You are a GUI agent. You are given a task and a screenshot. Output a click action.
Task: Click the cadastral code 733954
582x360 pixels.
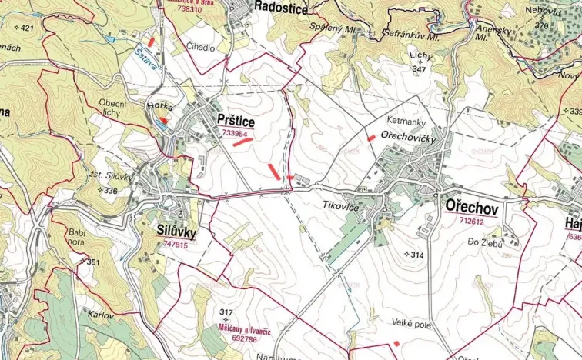(x=234, y=133)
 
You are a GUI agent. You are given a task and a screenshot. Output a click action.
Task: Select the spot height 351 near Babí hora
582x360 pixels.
(x=92, y=262)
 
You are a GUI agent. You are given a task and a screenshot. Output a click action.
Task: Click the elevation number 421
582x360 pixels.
(x=26, y=28)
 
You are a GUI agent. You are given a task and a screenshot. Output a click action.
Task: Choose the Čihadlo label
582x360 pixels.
(x=201, y=47)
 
